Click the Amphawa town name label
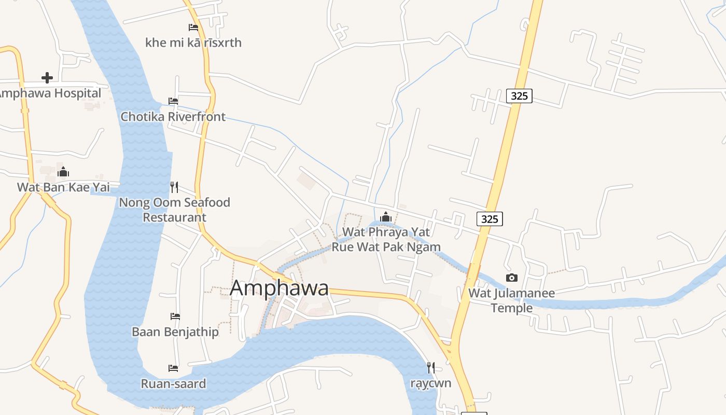279,288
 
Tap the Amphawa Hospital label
50,93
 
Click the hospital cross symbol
47,78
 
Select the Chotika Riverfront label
173,117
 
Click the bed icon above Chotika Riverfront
173,101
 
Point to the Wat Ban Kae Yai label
63,187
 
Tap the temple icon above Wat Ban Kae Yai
63,172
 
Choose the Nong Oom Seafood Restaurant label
175,210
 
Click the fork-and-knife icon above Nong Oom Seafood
174,187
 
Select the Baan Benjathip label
175,331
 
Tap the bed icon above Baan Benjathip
175,316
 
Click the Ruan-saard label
173,384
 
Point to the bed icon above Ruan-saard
173,368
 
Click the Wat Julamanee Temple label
512,300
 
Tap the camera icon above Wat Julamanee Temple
512,278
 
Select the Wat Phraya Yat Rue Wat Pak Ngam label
386,239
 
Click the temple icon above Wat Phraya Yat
385,216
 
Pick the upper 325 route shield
520,95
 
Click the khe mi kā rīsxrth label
193,43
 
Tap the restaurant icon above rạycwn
431,368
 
